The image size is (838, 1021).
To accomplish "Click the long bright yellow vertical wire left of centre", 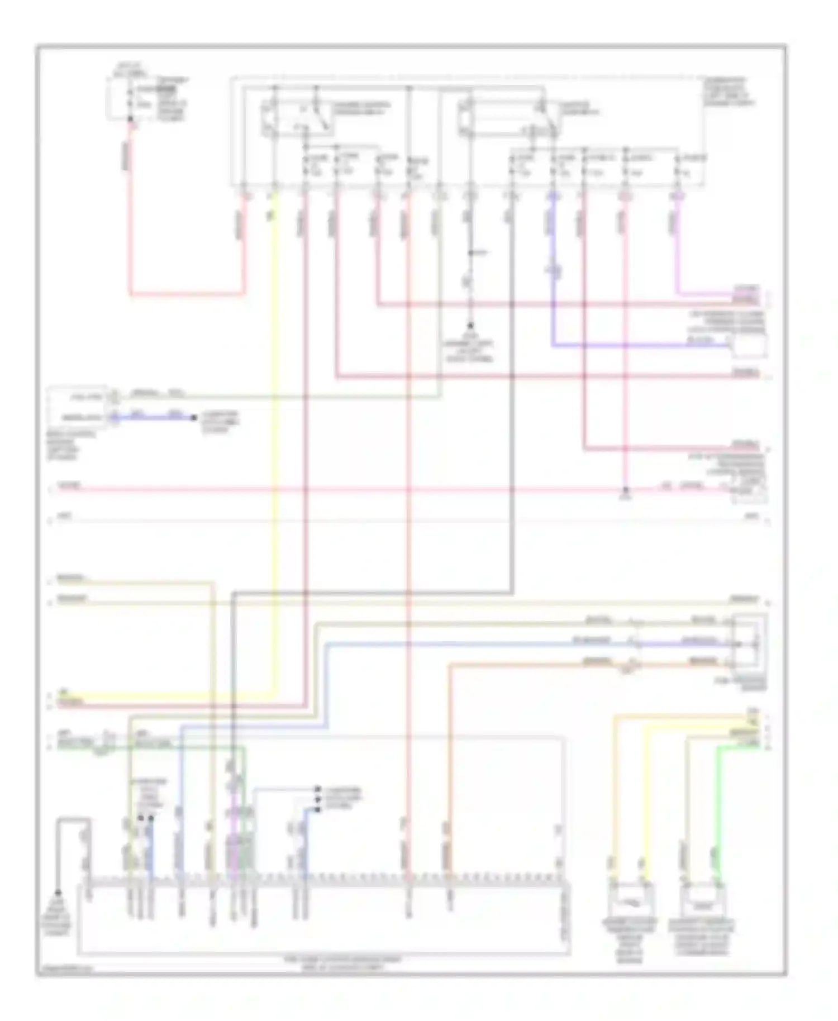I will pos(274,447).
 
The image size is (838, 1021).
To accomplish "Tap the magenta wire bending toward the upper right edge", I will pos(704,293).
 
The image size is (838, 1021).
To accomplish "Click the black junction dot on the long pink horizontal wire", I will pos(626,491).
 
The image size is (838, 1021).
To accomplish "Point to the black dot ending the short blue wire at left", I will pos(193,417).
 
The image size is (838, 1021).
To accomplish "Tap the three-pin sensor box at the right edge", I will pos(749,643).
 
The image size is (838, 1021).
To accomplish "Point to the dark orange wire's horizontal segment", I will pos(531,665).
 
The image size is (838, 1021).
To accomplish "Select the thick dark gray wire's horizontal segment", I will pos(369,592).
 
